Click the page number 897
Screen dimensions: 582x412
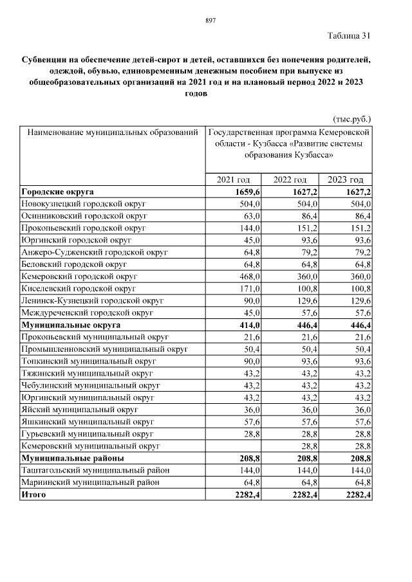coord(209,21)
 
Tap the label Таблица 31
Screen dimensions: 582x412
coord(349,35)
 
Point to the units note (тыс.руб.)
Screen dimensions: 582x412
coord(352,119)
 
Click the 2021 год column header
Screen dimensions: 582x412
coord(234,180)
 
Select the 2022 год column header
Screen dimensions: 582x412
coord(290,180)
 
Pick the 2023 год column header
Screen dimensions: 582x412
coord(346,180)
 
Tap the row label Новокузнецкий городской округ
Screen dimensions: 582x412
coord(84,204)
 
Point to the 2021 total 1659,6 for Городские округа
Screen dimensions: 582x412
coord(245,192)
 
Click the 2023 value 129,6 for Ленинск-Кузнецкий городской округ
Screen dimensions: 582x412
coord(360,301)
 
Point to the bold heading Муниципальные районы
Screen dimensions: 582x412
coord(73,459)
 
